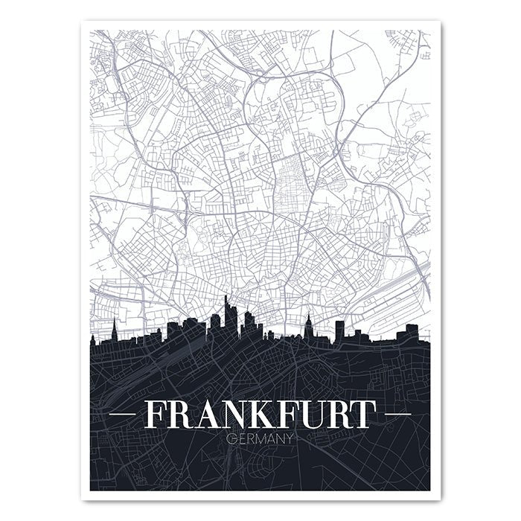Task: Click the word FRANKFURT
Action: tap(260, 415)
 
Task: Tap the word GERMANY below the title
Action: tap(260, 438)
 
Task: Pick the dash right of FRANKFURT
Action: tap(397, 414)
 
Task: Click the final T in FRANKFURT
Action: tap(361, 415)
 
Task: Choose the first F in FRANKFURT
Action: tap(153, 415)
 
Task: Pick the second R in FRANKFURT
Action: tap(332, 415)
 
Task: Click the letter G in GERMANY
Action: tap(229, 438)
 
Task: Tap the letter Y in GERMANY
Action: tap(292, 438)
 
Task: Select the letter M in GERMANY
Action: tap(260, 438)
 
